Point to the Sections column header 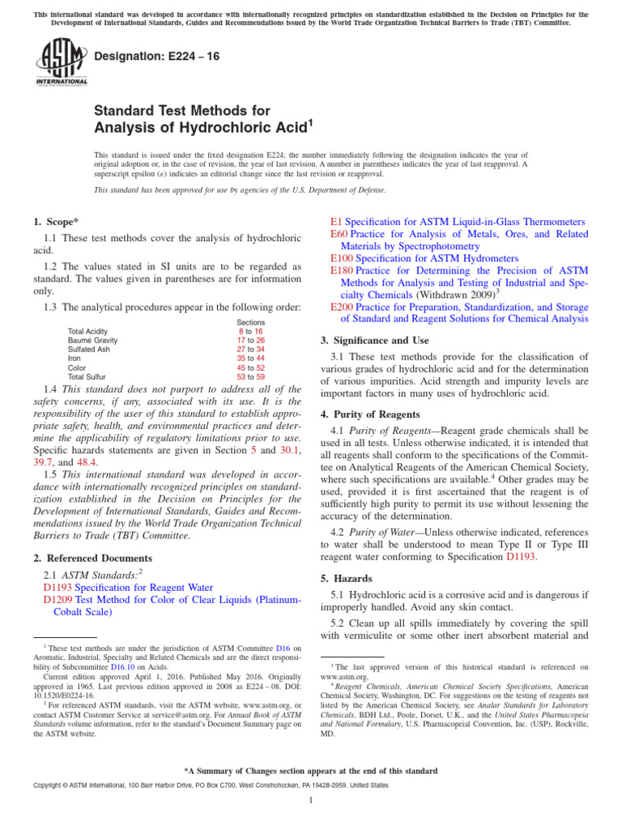(250, 322)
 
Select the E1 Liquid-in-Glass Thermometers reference (458, 221)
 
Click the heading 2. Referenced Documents (92, 558)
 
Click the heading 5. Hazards (352, 579)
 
